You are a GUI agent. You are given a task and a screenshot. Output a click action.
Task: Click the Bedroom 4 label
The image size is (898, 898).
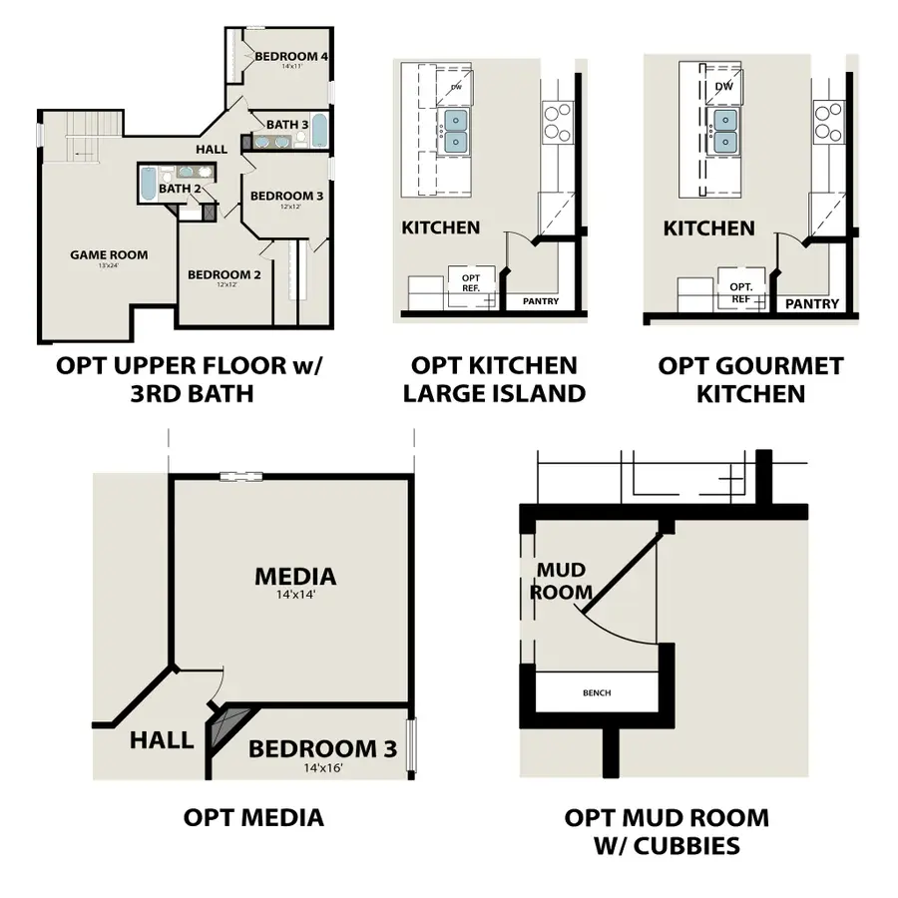(x=291, y=56)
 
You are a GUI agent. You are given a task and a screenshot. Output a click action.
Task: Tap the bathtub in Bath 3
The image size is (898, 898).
(x=320, y=131)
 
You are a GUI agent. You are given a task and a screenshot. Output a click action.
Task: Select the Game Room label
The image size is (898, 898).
(x=109, y=254)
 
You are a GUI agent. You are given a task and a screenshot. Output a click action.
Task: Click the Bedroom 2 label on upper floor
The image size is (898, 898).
(x=224, y=274)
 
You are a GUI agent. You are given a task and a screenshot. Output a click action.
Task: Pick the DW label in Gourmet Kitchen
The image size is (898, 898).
(x=724, y=87)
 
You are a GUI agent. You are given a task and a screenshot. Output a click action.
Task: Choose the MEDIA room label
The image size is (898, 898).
(x=295, y=576)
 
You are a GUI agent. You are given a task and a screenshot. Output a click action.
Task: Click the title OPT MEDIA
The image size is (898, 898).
(x=253, y=818)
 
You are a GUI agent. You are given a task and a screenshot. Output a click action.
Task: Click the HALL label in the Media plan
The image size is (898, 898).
(x=161, y=739)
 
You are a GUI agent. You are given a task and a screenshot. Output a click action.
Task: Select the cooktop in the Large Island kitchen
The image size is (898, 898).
(x=556, y=121)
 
